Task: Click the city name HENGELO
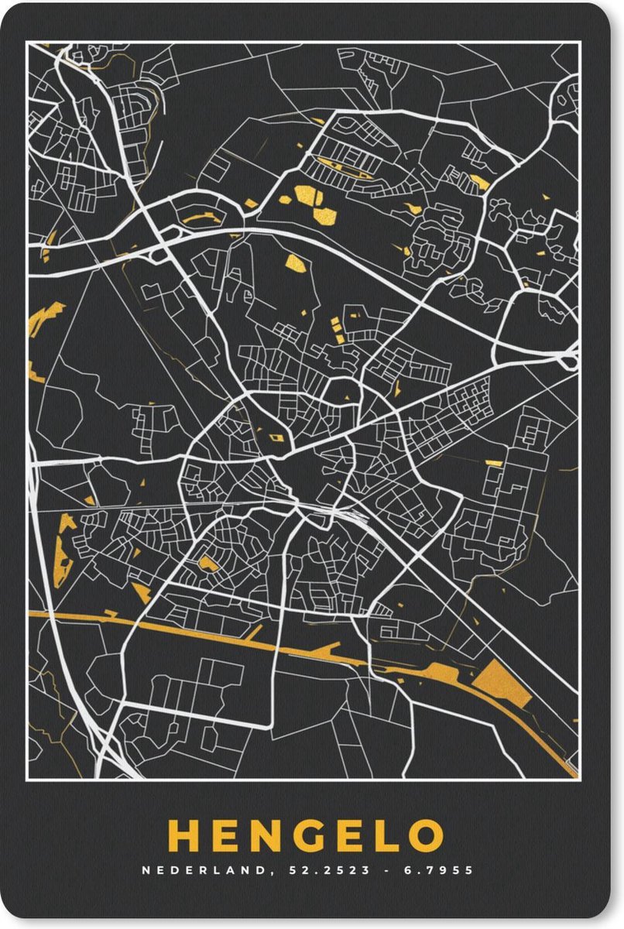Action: coord(305,836)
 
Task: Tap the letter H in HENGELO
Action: coord(183,836)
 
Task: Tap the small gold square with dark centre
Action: coord(276,439)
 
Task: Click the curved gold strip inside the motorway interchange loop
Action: coord(197,219)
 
